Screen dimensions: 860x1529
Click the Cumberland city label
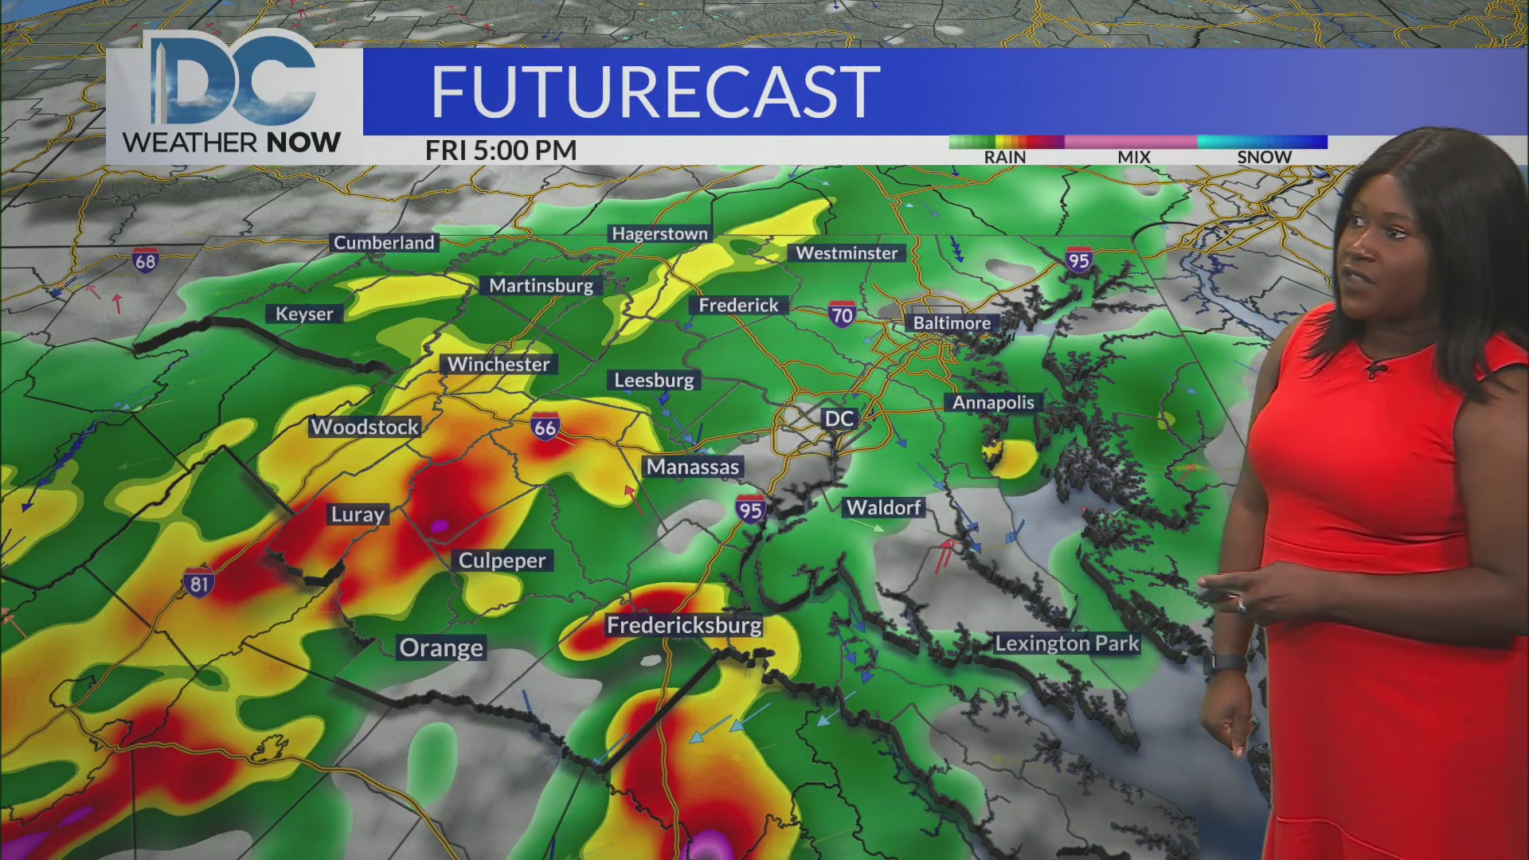pyautogui.click(x=384, y=243)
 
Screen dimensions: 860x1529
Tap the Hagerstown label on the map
pyautogui.click(x=659, y=234)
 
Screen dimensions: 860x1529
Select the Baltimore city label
pyautogui.click(x=952, y=323)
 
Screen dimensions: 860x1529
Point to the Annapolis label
pyautogui.click(x=993, y=403)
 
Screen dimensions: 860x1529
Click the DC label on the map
pyautogui.click(x=839, y=419)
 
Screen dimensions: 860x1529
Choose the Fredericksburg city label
pyautogui.click(x=684, y=626)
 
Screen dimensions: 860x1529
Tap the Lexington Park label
pyautogui.click(x=1067, y=643)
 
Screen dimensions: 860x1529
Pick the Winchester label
pyautogui.click(x=499, y=365)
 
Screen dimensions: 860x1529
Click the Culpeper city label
pyautogui.click(x=502, y=561)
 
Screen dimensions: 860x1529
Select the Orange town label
pyautogui.click(x=441, y=648)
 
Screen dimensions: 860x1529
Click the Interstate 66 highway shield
pyautogui.click(x=546, y=427)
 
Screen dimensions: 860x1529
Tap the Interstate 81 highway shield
pyautogui.click(x=198, y=584)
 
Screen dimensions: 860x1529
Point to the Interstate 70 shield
pyautogui.click(x=842, y=315)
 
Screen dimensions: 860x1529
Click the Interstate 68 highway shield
pyautogui.click(x=145, y=260)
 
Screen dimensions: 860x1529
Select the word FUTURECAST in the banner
pyautogui.click(x=655, y=92)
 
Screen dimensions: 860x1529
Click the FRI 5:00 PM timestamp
pyautogui.click(x=501, y=150)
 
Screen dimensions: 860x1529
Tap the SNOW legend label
pyautogui.click(x=1264, y=158)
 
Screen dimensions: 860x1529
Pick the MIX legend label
pyautogui.click(x=1134, y=158)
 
